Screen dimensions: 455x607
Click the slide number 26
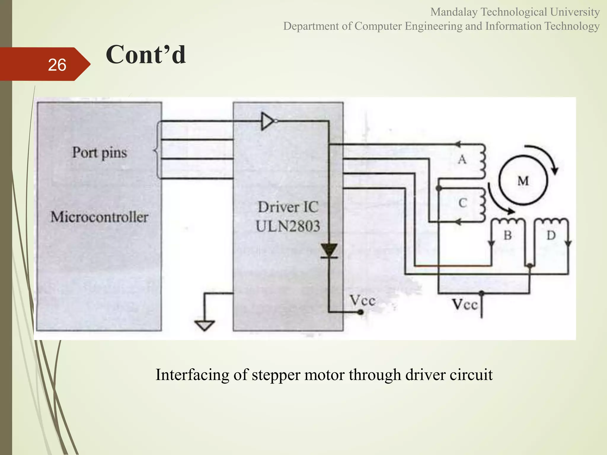(x=57, y=65)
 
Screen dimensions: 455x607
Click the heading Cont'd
(x=146, y=55)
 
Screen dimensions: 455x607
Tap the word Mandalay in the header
(x=454, y=12)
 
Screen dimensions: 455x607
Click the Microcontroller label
(x=99, y=217)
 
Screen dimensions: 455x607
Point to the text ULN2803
(x=288, y=226)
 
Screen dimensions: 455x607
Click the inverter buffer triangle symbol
(x=268, y=121)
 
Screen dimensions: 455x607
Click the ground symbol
(x=205, y=325)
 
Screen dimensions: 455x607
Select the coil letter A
(x=462, y=160)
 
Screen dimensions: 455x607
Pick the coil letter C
(x=463, y=203)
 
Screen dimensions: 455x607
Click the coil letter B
(x=508, y=235)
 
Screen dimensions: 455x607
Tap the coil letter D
(x=551, y=235)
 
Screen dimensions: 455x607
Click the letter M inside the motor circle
(x=523, y=181)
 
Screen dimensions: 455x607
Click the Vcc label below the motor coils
(x=465, y=305)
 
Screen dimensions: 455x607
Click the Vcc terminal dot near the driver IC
(x=360, y=312)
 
